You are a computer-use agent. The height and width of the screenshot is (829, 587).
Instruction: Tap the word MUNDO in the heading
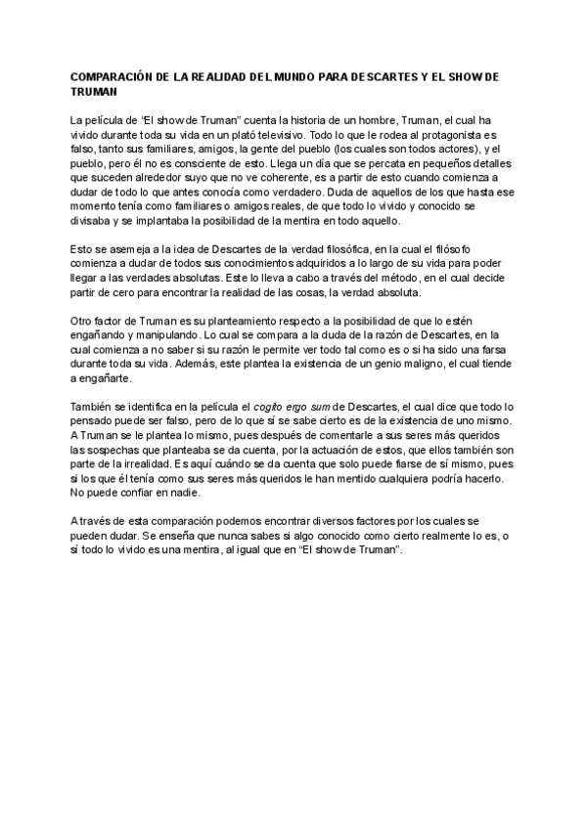click(x=311, y=75)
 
